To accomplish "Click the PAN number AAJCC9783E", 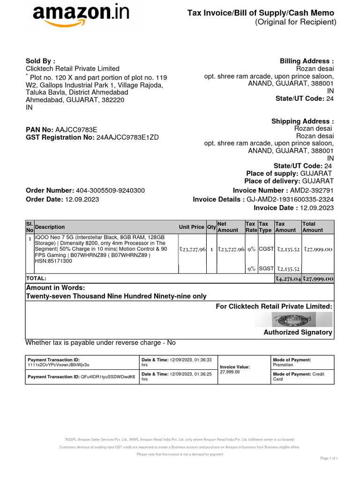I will (76, 129).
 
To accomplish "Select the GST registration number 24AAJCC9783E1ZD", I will (127, 137).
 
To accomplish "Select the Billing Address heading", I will (307, 61).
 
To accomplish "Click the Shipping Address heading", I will (303, 121).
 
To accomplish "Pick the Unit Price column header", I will (192, 227).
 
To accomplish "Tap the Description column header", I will (50, 227).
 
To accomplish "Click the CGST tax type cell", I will (265, 250).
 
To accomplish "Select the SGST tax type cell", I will (265, 269).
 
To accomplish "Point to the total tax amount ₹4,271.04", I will (288, 278).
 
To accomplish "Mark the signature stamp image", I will (293, 320).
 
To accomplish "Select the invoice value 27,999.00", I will (230, 372).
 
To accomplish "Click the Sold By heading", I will (40, 61).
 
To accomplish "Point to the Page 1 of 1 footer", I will (329, 458).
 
